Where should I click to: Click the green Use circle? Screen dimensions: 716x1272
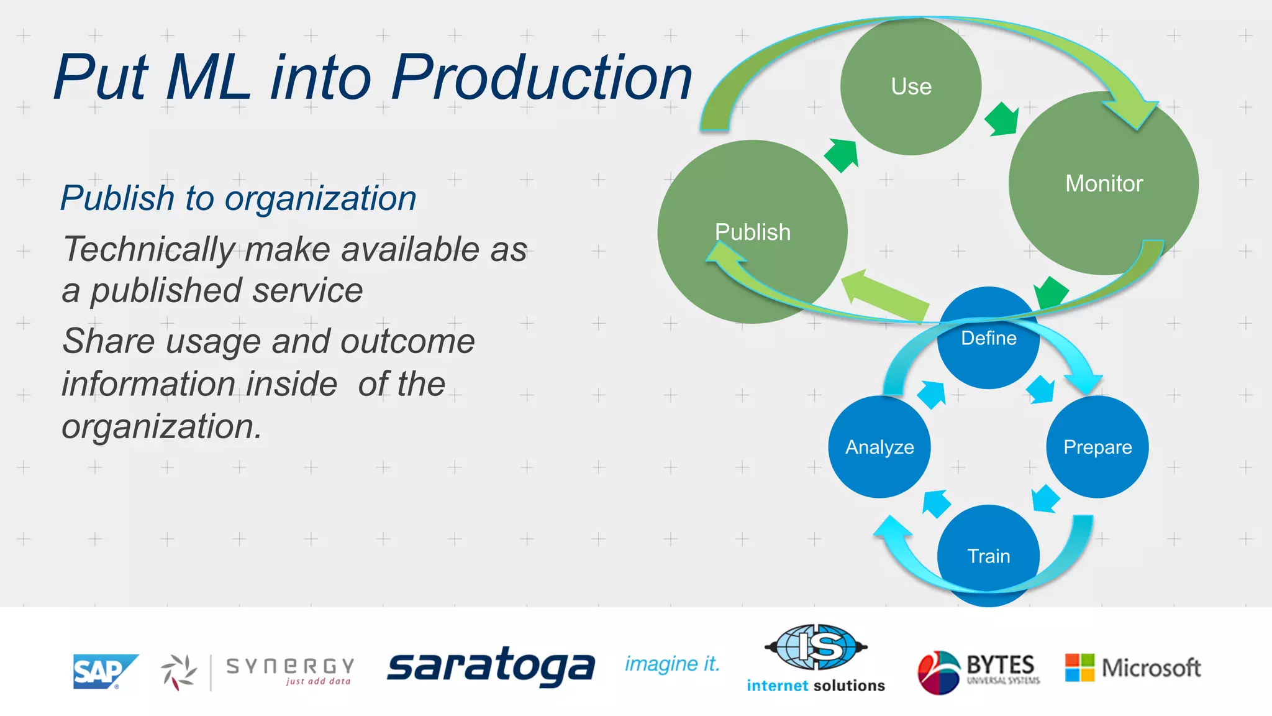pos(911,86)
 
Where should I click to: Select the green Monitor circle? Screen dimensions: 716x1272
pos(1104,183)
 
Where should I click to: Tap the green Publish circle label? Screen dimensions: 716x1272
pos(752,232)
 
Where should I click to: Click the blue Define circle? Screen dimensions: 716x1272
pos(988,338)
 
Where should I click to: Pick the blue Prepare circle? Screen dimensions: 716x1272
pos(1097,447)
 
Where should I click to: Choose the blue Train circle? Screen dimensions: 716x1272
pos(988,555)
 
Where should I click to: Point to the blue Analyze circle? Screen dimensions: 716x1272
pos(879,447)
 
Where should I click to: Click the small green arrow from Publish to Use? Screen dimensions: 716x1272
pos(842,155)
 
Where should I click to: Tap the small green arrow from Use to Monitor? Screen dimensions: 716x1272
pos(1002,119)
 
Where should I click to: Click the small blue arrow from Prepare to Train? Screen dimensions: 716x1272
pos(1045,498)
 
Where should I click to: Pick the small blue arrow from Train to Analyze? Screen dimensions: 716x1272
pos(936,503)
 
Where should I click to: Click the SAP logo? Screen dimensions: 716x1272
pos(104,671)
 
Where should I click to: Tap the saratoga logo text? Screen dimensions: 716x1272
pos(491,666)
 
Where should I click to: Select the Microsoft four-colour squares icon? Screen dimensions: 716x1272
pos(1079,668)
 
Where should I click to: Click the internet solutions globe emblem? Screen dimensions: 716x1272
pos(815,647)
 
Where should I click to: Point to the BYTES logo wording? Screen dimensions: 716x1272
pos(1000,666)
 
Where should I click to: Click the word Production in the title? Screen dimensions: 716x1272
pos(541,77)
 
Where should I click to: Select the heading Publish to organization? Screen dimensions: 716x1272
pos(238,198)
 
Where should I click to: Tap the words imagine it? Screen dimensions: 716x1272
pos(672,664)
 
